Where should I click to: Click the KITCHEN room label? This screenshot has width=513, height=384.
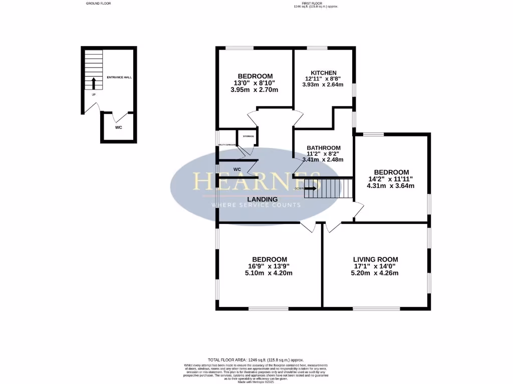point(323,72)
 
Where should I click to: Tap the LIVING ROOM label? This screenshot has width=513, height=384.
point(375,259)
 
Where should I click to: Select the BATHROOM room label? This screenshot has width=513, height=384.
point(324,148)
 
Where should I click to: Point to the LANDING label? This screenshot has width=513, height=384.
point(265,199)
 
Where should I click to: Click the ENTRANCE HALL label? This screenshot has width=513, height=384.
point(119,77)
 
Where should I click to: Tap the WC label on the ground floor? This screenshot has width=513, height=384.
point(119,127)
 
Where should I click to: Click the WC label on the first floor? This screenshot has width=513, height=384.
point(237,169)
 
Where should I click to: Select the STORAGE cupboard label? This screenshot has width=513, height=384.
point(248,136)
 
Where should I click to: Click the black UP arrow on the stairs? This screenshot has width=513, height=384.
point(93,83)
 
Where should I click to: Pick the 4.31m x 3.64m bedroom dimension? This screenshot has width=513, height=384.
point(392,185)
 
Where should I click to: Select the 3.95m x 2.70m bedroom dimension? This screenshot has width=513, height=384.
point(255,89)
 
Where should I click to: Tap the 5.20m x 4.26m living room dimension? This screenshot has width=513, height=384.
point(375,273)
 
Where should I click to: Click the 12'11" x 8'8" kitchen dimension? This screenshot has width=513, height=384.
point(323,78)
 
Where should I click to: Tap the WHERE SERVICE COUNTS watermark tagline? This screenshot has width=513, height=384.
point(256,205)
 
